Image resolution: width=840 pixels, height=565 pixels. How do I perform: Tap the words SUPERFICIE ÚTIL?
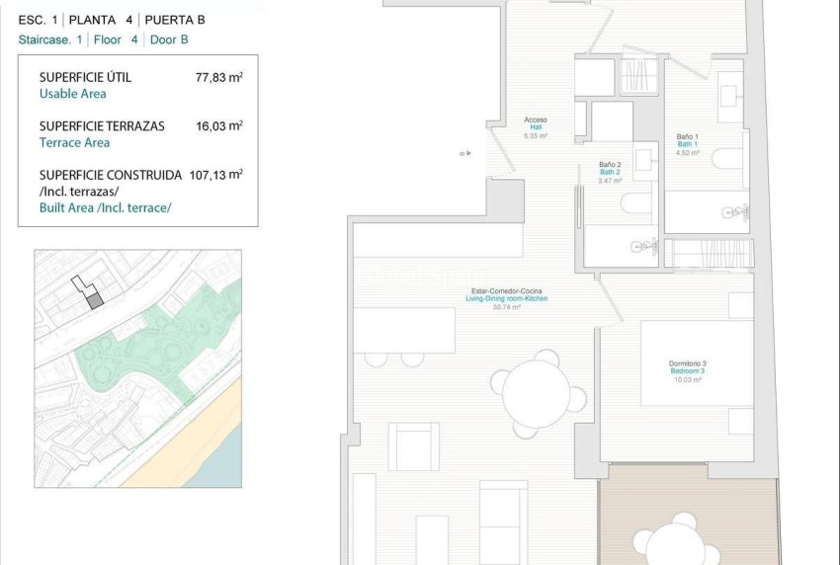(85, 77)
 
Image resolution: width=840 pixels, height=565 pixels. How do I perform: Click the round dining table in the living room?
(537, 393)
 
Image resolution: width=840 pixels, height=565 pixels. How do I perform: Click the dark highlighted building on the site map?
(94, 298)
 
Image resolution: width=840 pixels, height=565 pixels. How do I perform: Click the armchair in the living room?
(413, 446)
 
